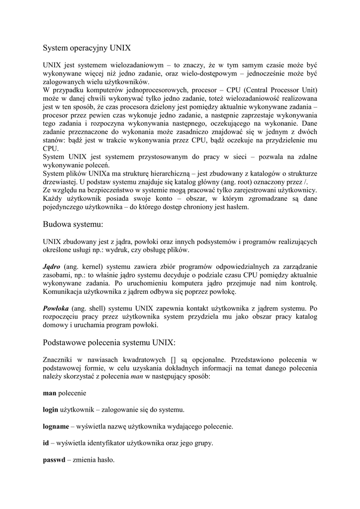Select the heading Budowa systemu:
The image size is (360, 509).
pyautogui.click(x=73, y=224)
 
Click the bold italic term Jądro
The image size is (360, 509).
pyautogui.click(x=51, y=266)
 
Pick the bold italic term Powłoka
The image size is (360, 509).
pyautogui.click(x=56, y=308)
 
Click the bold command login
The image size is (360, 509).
pyautogui.click(x=50, y=410)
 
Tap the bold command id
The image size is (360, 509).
pyautogui.click(x=46, y=443)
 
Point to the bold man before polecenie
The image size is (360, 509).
pyautogui.click(x=50, y=393)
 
